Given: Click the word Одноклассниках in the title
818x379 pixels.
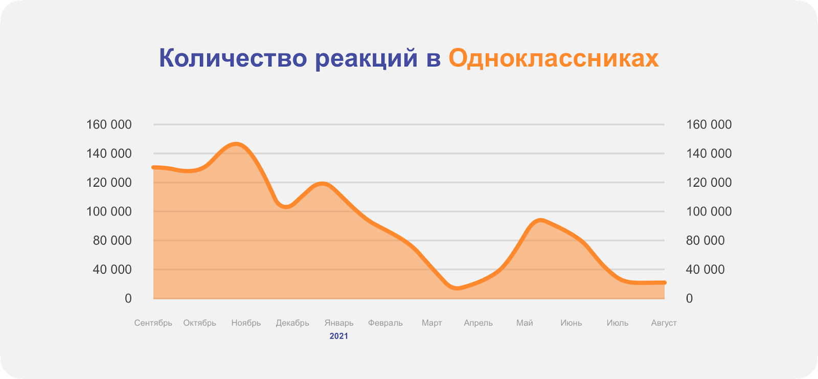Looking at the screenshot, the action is (554, 58).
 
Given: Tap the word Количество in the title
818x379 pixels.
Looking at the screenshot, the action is (233, 58).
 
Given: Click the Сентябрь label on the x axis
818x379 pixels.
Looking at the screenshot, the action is (153, 323).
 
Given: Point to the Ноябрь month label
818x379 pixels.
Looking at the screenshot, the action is (246, 323).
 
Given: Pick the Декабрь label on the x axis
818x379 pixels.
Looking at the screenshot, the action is (292, 323).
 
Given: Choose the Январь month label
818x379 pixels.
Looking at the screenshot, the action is (339, 323).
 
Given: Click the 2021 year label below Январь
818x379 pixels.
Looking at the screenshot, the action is (339, 336).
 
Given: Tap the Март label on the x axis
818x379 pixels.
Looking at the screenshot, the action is (431, 323).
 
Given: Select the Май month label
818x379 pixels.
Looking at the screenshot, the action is (525, 323).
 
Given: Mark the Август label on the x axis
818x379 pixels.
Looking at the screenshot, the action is (664, 323).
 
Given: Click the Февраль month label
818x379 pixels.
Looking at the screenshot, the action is (385, 323).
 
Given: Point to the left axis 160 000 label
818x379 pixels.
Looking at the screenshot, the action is (109, 125).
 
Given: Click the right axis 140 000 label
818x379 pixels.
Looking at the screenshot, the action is (709, 153).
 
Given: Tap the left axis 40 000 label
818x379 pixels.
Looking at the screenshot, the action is (112, 270).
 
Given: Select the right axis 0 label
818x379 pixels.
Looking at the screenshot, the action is (690, 299).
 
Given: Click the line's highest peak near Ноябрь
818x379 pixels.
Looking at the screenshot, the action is (236, 144).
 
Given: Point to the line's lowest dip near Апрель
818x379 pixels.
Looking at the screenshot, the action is (457, 288).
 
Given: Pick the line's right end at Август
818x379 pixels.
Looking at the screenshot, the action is (665, 282).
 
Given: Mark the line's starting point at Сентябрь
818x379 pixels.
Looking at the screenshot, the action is (153, 167).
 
